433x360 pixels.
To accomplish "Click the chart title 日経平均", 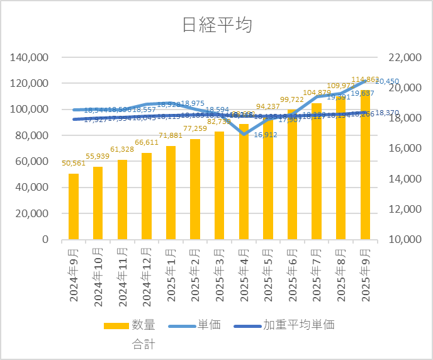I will (216, 25).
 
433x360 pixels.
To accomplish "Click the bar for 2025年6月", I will (293, 174).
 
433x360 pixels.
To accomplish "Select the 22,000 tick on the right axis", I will (403, 57).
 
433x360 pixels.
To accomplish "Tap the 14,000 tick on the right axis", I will (403, 179).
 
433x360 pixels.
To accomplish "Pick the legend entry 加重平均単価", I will (298, 325).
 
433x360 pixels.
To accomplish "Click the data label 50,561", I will (74, 164).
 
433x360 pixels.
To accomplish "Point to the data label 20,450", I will (387, 81).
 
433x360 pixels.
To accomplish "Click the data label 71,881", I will (171, 135).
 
